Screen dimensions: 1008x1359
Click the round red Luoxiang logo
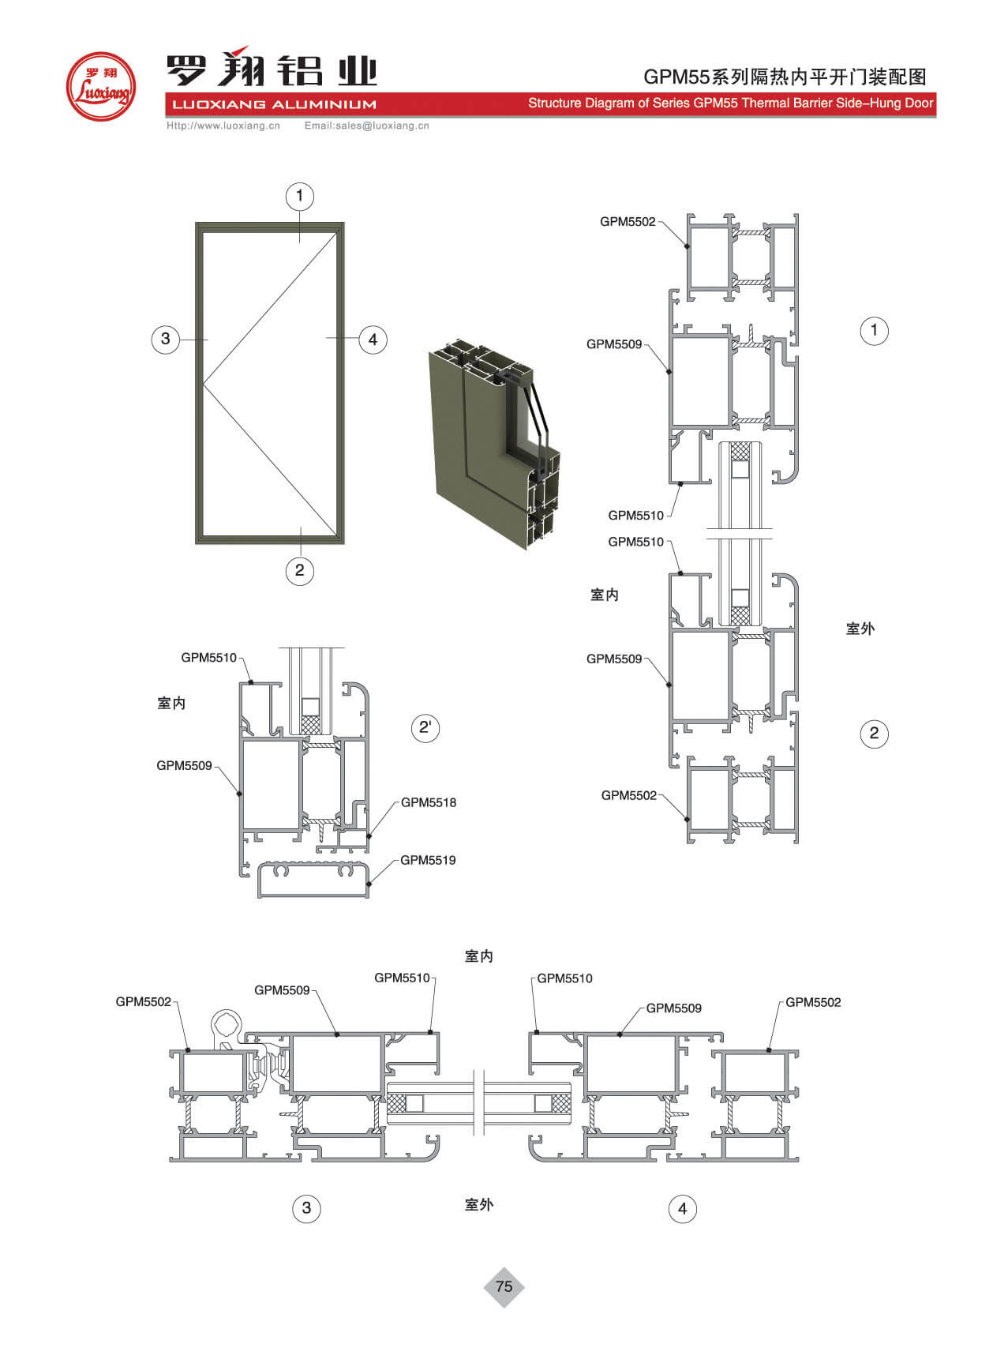coord(100,86)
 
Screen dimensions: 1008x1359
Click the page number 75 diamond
coord(504,1286)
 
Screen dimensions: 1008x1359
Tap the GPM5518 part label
coord(429,802)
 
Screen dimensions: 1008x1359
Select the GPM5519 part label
coord(428,860)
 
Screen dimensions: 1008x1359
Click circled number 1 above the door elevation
coord(299,196)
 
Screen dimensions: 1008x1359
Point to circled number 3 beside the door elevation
coord(166,339)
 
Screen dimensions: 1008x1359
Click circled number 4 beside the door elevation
coord(373,340)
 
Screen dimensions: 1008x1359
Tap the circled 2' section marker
coord(425,727)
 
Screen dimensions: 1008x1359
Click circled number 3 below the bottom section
coord(307,1207)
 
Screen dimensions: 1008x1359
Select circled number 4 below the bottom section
coord(683,1208)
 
